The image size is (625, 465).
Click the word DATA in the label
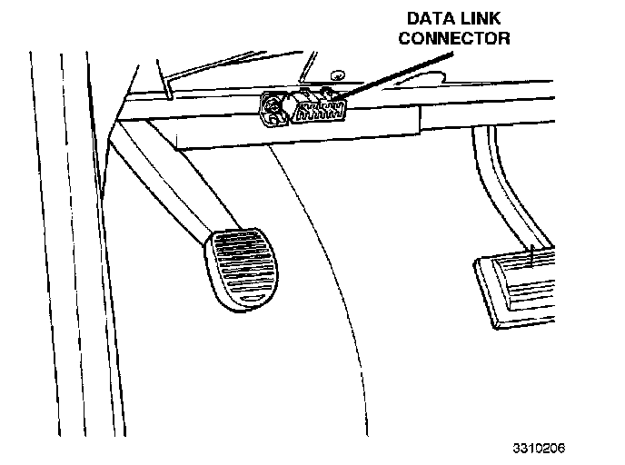430,18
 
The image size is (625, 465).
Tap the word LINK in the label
481,18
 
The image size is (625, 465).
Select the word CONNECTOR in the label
454,38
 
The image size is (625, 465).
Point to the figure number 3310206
539,448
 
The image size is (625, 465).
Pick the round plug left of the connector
273,109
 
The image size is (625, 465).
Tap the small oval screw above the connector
338,74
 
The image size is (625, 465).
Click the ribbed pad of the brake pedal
242,270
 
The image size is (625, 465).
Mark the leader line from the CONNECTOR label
394,75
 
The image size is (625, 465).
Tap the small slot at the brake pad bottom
251,299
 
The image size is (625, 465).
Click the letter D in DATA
413,18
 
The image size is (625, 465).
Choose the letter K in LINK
495,18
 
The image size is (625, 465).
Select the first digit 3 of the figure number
517,448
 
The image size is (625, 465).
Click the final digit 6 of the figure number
561,448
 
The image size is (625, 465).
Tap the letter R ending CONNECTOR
504,38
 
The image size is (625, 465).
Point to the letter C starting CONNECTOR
405,38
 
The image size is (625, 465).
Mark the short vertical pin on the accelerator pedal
532,255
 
